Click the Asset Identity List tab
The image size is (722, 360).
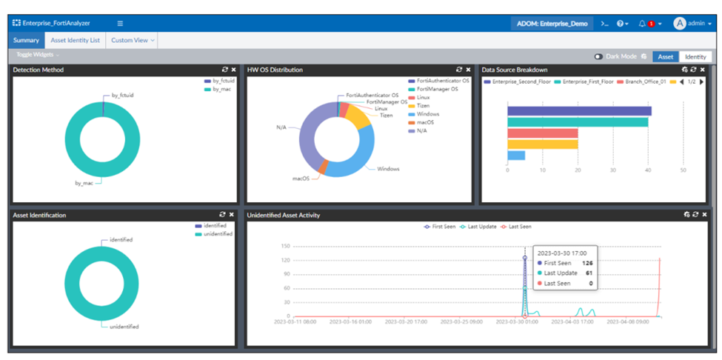tap(75, 40)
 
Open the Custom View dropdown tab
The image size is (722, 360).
tap(133, 40)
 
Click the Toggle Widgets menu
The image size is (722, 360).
tap(37, 56)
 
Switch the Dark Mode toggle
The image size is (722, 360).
tap(598, 56)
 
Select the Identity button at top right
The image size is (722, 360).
tap(695, 56)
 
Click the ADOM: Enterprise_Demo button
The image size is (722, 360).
tap(552, 24)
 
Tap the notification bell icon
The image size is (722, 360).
tap(642, 24)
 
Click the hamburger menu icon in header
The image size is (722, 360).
tap(120, 24)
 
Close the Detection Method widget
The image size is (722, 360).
tap(233, 70)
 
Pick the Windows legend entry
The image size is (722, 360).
tap(427, 114)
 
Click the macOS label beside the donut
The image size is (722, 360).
tap(300, 179)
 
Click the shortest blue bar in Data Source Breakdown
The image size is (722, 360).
tap(516, 156)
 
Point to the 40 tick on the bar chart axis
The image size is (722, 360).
tap(648, 170)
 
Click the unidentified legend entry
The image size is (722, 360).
tap(217, 233)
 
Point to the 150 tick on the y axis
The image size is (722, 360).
tap(285, 246)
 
